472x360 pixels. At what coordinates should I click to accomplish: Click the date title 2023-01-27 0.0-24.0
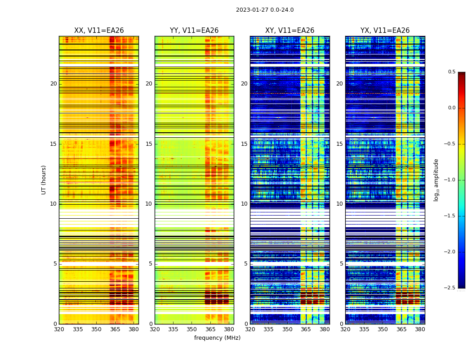click(x=265, y=10)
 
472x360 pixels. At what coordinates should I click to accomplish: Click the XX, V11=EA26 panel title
click(x=99, y=31)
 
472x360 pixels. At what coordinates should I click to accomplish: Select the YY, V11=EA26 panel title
click(x=194, y=31)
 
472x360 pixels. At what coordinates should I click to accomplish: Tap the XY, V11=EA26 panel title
click(x=289, y=31)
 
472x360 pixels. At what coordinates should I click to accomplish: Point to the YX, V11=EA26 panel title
click(x=385, y=31)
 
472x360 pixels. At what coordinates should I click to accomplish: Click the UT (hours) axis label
click(x=44, y=180)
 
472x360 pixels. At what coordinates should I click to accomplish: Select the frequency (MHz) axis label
click(x=217, y=338)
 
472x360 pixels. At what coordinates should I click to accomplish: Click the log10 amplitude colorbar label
click(x=436, y=180)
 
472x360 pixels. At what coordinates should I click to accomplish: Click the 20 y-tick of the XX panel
click(x=53, y=84)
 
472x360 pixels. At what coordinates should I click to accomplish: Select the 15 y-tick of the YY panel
click(x=149, y=144)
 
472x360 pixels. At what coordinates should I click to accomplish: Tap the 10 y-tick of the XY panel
click(x=244, y=204)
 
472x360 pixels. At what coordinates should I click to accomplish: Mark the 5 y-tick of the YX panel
click(x=342, y=264)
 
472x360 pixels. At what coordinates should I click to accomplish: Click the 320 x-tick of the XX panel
click(x=59, y=329)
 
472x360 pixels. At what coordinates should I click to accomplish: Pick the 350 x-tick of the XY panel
click(x=287, y=329)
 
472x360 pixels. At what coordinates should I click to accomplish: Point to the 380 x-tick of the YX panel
click(x=420, y=329)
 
